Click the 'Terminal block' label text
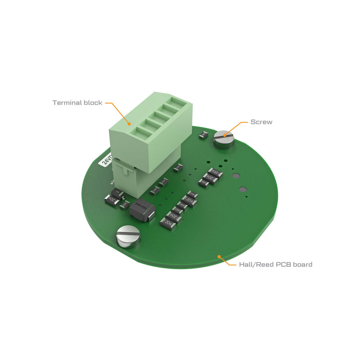(x=77, y=103)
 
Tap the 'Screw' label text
(x=261, y=122)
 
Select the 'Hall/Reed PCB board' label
(x=275, y=265)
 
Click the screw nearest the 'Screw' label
(x=224, y=138)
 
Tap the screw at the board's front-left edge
(x=128, y=237)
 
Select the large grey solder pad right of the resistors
(x=236, y=176)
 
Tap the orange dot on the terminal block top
(x=129, y=124)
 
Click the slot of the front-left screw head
(x=128, y=235)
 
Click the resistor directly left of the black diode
(x=124, y=205)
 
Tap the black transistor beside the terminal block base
(x=114, y=197)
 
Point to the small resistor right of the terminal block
(x=179, y=167)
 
